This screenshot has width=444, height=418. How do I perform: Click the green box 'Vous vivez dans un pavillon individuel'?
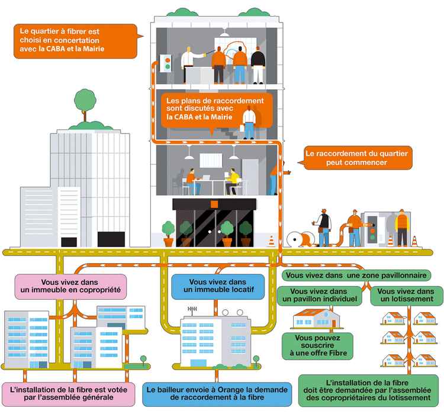tap(319, 296)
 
